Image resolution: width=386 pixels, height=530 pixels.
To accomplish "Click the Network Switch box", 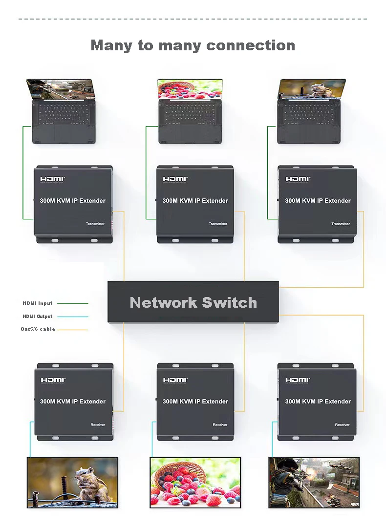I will tap(193, 302).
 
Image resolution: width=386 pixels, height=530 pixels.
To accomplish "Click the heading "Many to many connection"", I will tap(193, 45).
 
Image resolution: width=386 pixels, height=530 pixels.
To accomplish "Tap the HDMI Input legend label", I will tap(38, 303).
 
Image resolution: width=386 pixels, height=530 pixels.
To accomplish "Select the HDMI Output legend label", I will tap(38, 317).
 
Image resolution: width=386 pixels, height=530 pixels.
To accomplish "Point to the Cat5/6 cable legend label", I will tap(38, 329).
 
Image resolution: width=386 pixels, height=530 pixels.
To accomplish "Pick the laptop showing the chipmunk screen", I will tap(311, 112).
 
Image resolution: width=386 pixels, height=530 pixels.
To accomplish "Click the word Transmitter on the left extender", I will tap(95, 224).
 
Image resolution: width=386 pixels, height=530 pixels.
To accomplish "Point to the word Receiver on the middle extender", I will tap(220, 424).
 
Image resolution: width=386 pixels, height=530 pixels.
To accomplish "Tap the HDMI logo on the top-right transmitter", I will tap(298, 179).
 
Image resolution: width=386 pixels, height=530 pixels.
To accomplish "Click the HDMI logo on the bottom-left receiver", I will tap(53, 380).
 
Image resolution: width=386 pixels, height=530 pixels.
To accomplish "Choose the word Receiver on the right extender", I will tap(342, 424).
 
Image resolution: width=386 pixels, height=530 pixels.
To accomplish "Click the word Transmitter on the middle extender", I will tap(218, 224).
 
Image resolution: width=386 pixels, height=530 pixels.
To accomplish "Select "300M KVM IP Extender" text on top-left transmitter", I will tap(72, 201).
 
